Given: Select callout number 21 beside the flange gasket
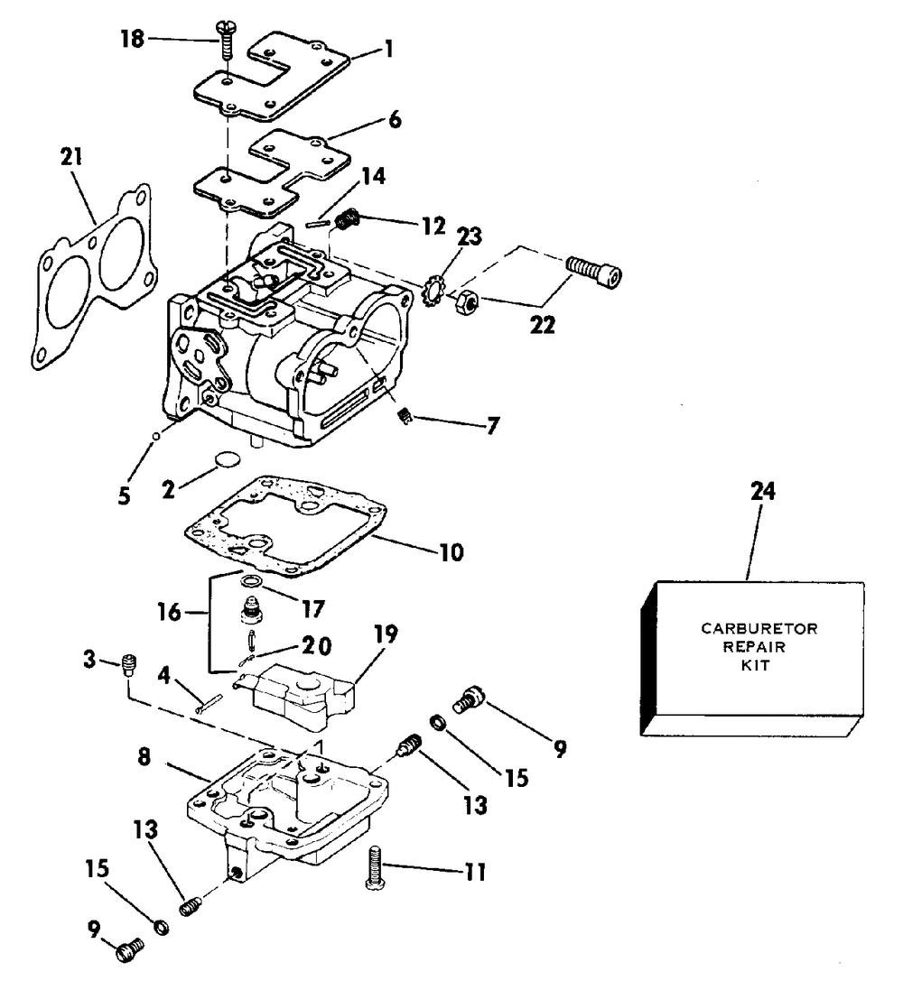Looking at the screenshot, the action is coord(70,157).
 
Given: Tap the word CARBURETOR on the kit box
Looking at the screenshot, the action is coord(759,629).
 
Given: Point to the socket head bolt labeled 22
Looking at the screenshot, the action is coord(594,272).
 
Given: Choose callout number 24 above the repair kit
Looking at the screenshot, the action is coord(763,491).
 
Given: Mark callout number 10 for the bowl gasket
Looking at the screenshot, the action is coord(451,551).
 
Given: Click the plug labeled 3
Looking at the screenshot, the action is coord(129,665).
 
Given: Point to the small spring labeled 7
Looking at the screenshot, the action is coord(405,416).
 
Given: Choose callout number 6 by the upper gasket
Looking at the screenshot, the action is coord(395,119).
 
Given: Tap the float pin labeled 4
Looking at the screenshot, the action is coord(209,703).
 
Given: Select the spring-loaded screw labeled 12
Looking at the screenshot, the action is coord(346,220).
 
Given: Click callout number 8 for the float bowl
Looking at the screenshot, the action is coord(144,756).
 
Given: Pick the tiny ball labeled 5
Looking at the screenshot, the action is coord(154,435).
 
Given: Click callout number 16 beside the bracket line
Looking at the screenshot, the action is coord(169,611).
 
